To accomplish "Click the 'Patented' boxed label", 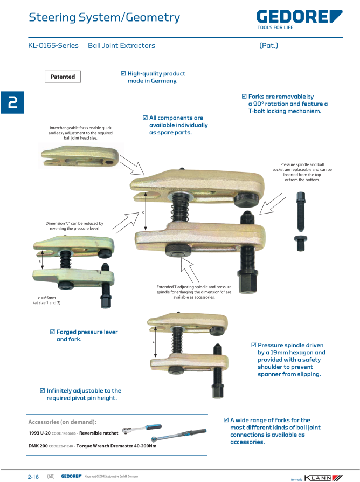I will coord(63,77).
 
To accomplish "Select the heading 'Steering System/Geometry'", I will coord(104,18).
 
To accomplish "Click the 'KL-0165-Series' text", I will coord(53,46).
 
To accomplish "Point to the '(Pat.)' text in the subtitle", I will coord(268,46).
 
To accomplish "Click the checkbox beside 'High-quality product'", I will coord(123,73).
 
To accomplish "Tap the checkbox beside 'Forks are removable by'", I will coord(244,97).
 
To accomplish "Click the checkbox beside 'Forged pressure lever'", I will coord(52,332).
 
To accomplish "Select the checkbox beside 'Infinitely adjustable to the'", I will coord(43,390).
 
